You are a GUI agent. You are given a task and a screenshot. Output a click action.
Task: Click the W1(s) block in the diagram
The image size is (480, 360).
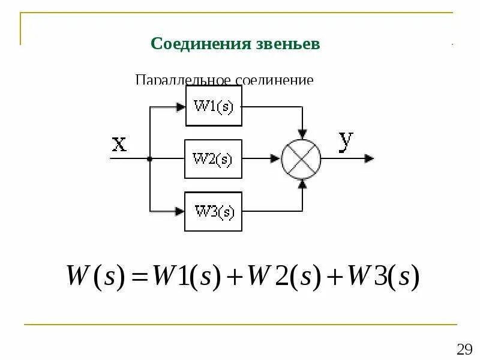pyautogui.click(x=214, y=106)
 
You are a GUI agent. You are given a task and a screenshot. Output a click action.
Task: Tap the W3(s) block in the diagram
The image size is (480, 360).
pyautogui.click(x=213, y=211)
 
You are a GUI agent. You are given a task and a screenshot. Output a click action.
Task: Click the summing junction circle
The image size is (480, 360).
pyautogui.click(x=302, y=158)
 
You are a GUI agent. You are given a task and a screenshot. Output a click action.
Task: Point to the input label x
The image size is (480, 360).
pyautogui.click(x=119, y=143)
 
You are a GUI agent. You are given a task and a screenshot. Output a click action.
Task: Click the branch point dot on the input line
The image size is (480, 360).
pyautogui.click(x=149, y=159)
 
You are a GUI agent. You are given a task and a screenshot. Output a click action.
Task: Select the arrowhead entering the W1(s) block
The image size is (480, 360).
pyautogui.click(x=181, y=107)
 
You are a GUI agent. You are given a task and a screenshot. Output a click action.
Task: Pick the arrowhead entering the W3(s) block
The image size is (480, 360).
pyautogui.click(x=179, y=211)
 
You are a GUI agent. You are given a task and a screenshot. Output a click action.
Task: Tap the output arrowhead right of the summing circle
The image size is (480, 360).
pyautogui.click(x=369, y=158)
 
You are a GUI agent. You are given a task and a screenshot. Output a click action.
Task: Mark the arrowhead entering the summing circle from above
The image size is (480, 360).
pyautogui.click(x=302, y=131)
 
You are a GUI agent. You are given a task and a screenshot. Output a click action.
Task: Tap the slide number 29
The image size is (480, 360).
pyautogui.click(x=464, y=350)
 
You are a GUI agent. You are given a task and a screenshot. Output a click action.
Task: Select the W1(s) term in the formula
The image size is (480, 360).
pyautogui.click(x=187, y=278)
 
